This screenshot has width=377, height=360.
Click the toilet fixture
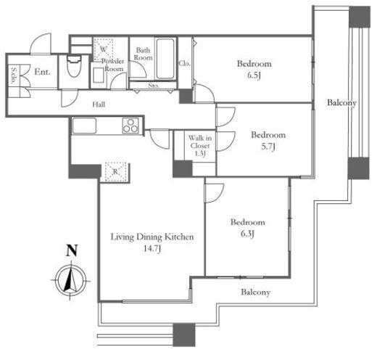(74, 66)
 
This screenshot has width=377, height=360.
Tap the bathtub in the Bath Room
(165, 59)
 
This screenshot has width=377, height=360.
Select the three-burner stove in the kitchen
(130, 126)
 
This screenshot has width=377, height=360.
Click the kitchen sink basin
(84, 126)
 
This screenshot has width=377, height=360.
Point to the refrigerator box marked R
(115, 171)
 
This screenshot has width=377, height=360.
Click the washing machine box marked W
(104, 49)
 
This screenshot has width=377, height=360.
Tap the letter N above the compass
(72, 250)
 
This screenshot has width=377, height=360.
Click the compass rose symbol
(71, 281)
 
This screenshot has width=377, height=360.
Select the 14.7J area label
(152, 248)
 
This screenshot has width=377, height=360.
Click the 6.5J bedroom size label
(254, 75)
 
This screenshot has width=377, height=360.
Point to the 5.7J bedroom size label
(268, 147)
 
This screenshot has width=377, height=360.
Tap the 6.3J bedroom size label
(247, 234)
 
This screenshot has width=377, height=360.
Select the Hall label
(99, 105)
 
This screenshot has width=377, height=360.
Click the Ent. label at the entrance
(43, 72)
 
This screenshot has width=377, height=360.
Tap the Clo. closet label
(184, 63)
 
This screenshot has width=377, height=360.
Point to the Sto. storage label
(154, 86)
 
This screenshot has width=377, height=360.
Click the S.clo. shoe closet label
(14, 75)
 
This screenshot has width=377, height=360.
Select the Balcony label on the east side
(341, 103)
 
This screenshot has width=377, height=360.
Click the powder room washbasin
(99, 75)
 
